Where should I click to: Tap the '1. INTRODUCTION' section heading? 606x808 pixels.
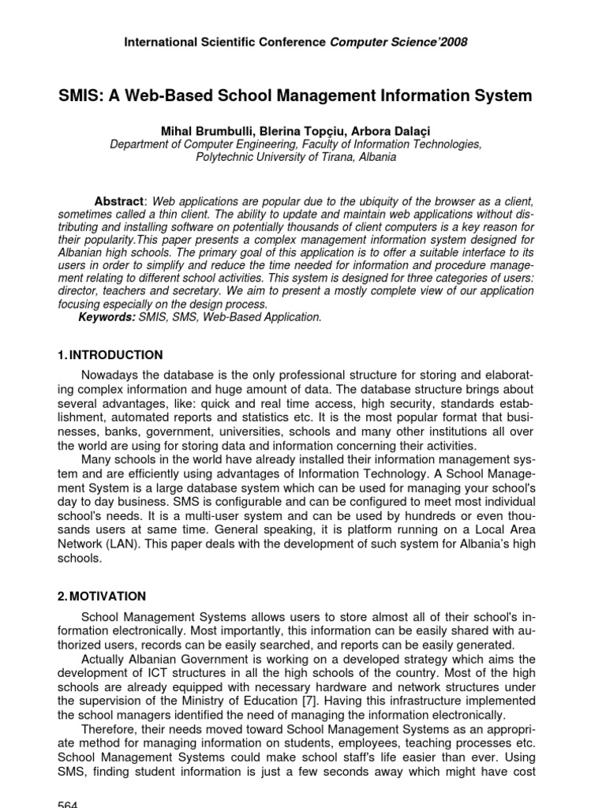(111, 355)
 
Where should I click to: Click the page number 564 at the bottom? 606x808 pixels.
(69, 802)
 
